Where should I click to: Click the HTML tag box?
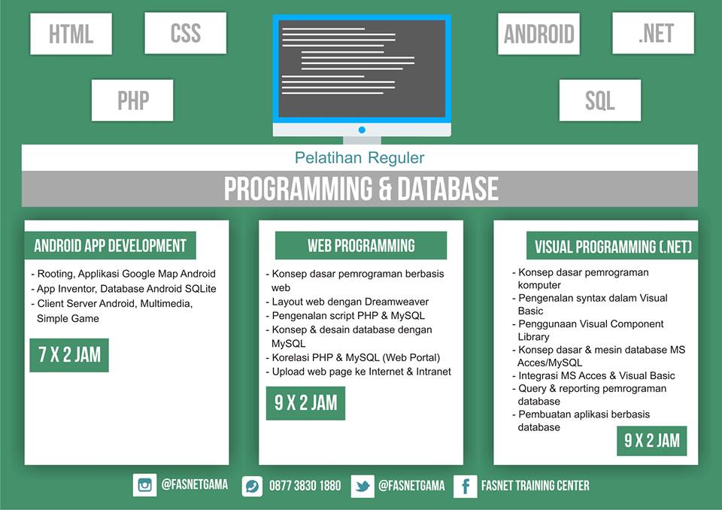click(71, 34)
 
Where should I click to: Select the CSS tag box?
click(185, 33)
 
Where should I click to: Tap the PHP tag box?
click(132, 100)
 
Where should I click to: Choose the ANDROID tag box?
click(538, 34)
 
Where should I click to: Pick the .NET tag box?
click(654, 33)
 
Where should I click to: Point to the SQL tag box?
click(600, 100)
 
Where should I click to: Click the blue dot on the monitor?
click(362, 129)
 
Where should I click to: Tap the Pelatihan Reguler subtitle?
click(359, 158)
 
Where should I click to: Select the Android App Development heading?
click(110, 245)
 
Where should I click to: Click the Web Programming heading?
click(361, 245)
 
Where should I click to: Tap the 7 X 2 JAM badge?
click(69, 355)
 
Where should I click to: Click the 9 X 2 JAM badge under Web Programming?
click(305, 403)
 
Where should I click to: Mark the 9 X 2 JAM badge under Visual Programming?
click(652, 440)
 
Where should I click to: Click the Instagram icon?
click(144, 485)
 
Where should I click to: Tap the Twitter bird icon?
click(363, 486)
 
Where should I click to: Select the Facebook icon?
click(465, 486)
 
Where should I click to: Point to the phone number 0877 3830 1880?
click(305, 486)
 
